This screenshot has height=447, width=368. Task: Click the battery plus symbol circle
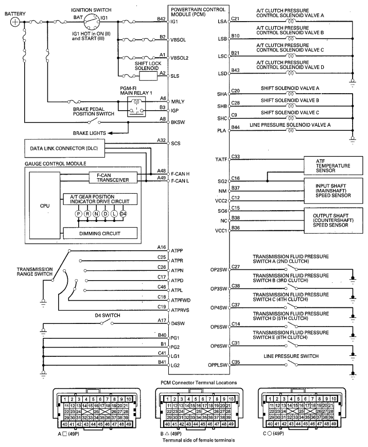[15, 22]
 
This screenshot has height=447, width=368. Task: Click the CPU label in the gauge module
[45, 205]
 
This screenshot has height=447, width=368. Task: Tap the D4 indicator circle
[123, 214]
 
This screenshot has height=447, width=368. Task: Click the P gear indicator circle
[79, 214]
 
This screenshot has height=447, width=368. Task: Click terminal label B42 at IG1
[162, 19]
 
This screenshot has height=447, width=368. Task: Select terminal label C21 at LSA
[235, 19]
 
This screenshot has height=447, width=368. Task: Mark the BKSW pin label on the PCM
[177, 123]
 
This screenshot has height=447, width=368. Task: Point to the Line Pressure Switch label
[292, 356]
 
